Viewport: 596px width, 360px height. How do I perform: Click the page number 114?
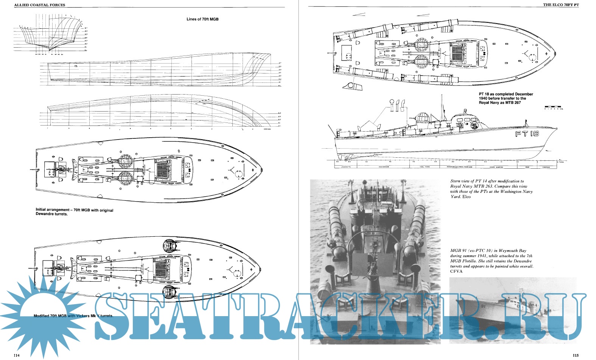click(16, 355)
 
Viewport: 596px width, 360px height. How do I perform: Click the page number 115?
click(576, 355)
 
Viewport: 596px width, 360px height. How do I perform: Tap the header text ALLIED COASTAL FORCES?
click(39, 5)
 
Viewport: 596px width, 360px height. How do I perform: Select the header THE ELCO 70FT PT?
click(561, 5)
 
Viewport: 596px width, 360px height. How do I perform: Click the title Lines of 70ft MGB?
click(202, 19)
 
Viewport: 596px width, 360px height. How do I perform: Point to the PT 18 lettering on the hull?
click(527, 134)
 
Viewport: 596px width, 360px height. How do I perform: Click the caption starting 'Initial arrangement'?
click(74, 212)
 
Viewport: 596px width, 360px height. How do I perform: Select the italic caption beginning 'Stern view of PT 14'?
click(491, 189)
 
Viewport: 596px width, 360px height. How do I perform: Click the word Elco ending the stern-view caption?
click(467, 197)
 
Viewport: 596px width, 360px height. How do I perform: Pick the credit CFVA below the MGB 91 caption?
click(456, 271)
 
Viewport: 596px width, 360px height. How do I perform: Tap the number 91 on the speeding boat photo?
click(485, 306)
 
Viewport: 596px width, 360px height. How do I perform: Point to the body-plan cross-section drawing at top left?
click(51, 36)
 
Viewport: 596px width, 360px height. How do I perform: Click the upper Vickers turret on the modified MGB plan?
click(170, 246)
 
